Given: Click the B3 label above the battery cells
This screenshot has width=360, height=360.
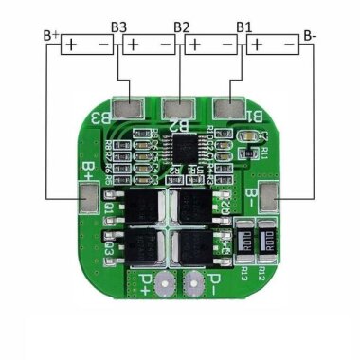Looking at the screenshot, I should coord(119,27).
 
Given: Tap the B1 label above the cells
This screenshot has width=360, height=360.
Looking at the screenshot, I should coord(244,27).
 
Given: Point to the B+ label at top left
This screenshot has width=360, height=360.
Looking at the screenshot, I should coord(52,36).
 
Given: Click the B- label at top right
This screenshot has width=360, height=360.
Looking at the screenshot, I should coord(310,36).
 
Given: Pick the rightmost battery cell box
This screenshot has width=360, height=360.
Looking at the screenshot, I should coord(273,44).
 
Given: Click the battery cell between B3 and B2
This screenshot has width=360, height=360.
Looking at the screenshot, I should coord(150,44).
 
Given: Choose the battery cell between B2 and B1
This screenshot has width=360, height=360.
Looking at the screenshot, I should coord(211,44).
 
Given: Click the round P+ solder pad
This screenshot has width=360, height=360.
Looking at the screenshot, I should coord(164,281).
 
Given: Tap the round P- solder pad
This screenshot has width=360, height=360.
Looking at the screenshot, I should coord(196,281).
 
